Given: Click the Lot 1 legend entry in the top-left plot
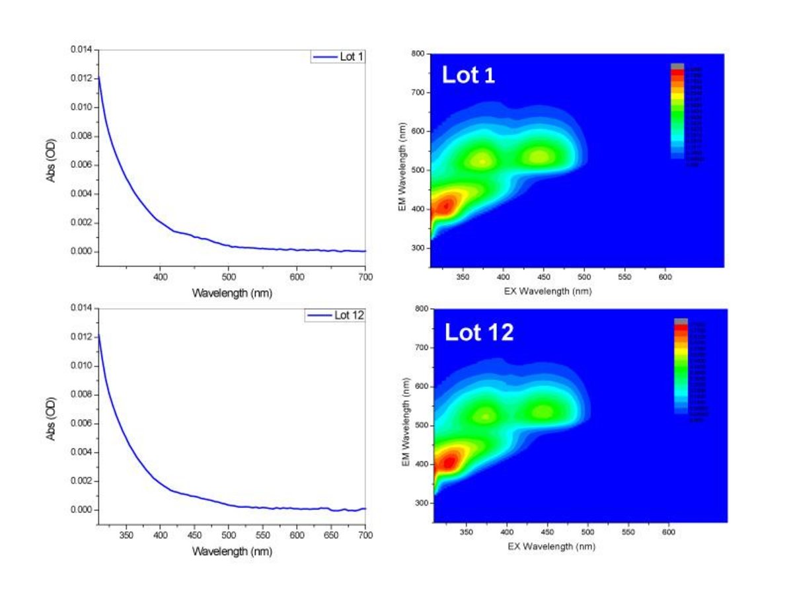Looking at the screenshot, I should click(338, 58).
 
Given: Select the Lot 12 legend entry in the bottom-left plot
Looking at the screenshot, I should click(336, 315).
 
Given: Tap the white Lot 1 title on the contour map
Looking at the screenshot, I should click(469, 75).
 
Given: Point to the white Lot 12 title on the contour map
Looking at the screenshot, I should click(478, 331).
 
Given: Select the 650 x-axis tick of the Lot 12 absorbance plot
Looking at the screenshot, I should click(331, 535).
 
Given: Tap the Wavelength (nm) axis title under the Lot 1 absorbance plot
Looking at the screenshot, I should click(231, 293).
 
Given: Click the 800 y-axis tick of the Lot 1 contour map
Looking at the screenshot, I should click(416, 54).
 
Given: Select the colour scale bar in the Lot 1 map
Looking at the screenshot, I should click(677, 112).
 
